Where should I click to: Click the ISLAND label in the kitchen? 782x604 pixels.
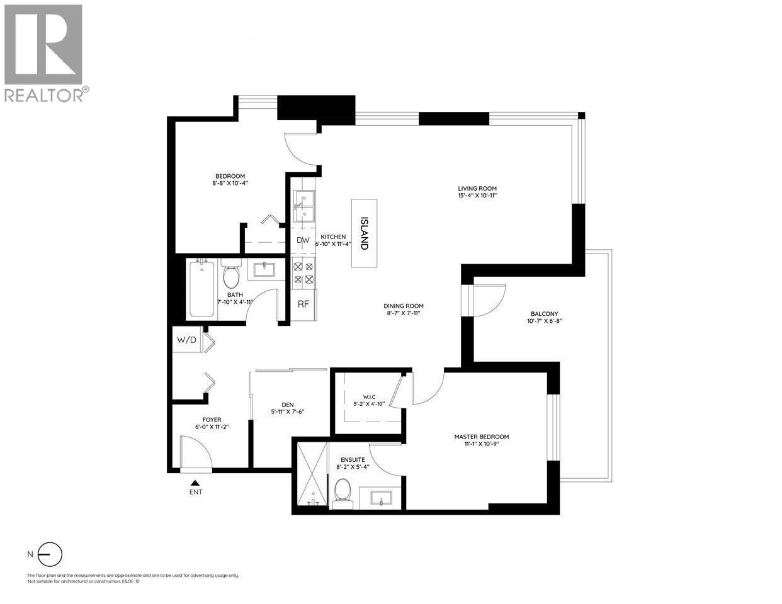[x=364, y=233]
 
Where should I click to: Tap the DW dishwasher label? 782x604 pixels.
[x=303, y=240]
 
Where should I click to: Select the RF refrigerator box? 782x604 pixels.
[x=303, y=304]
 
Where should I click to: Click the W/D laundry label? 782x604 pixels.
[x=186, y=340]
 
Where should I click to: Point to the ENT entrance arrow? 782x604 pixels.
[x=195, y=483]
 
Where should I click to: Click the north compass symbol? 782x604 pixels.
[x=50, y=554]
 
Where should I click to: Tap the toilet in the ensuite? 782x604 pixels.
[x=343, y=491]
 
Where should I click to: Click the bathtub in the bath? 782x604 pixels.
[x=203, y=290]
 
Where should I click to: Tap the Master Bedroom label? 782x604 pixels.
[x=482, y=437]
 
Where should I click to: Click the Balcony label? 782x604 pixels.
[x=544, y=313]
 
